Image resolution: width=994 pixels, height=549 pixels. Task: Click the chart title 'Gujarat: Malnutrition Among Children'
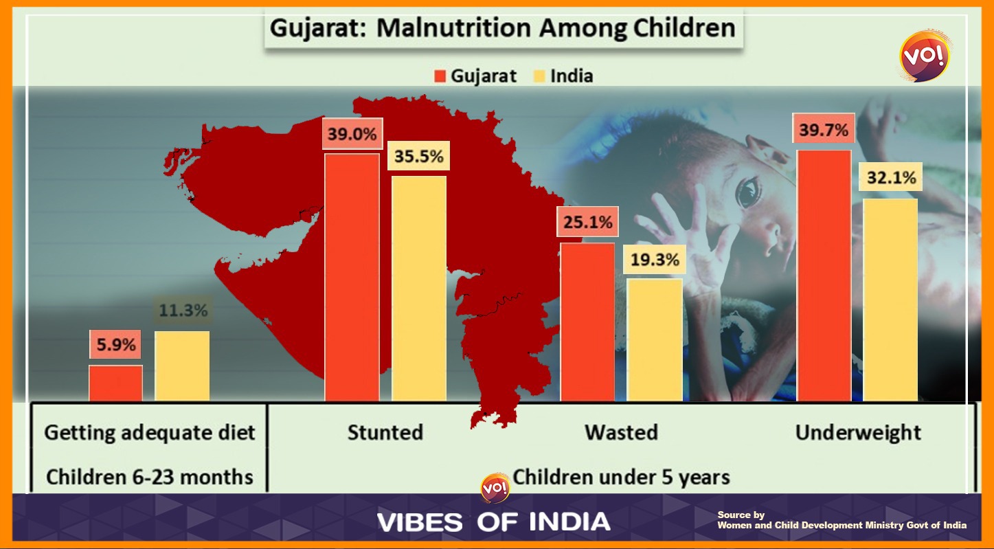point(503,29)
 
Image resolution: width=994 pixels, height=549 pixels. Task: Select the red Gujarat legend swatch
point(440,76)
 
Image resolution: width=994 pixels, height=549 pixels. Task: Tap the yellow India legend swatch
point(539,76)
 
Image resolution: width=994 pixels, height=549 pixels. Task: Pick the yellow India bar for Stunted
point(419,289)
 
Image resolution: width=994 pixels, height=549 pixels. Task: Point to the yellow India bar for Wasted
point(655,339)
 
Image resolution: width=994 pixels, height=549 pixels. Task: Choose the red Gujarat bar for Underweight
point(824,275)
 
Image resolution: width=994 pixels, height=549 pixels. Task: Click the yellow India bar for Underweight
point(890,300)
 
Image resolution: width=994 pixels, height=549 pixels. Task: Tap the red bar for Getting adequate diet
point(115,383)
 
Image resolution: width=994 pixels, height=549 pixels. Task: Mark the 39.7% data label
point(823,130)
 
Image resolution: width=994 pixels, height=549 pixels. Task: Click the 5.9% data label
point(115,345)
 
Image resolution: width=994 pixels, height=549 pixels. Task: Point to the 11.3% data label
point(182,311)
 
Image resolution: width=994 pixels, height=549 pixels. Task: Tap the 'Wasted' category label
point(621,433)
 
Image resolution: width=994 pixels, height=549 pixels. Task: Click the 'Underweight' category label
point(858,433)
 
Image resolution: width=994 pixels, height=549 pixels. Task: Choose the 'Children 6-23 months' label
point(149,476)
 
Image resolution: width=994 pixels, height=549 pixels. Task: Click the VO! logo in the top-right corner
point(925,56)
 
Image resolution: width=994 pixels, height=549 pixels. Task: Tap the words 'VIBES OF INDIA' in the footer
point(493,522)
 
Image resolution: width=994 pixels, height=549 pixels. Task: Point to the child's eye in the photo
point(748,192)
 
